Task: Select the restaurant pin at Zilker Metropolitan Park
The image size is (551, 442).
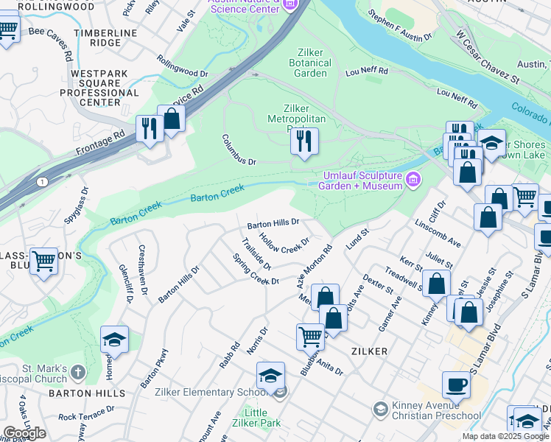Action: click(x=303, y=139)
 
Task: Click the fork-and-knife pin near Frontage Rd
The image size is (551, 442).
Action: click(x=149, y=128)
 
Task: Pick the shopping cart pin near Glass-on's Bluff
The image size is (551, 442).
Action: click(x=44, y=261)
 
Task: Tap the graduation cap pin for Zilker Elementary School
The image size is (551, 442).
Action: click(x=270, y=375)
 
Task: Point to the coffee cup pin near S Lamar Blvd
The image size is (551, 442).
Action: click(x=456, y=384)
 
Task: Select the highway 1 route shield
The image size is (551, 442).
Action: click(x=43, y=181)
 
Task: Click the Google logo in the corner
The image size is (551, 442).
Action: click(x=24, y=433)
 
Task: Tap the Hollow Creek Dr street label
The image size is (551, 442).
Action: click(x=284, y=245)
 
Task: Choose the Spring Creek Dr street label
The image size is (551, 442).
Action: click(x=256, y=270)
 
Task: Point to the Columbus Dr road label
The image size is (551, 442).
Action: click(x=239, y=150)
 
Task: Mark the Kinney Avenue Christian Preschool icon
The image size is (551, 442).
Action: click(x=380, y=408)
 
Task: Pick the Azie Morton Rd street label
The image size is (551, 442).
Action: click(x=315, y=267)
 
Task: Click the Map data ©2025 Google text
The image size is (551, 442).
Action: click(x=505, y=436)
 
